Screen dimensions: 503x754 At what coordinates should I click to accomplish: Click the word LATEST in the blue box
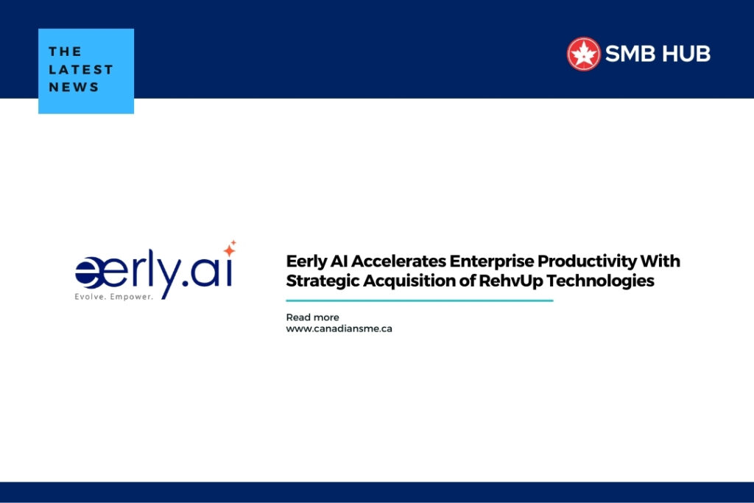click(x=81, y=69)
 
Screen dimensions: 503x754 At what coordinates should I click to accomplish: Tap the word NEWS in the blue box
click(x=74, y=87)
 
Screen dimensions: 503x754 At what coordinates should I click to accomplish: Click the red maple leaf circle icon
click(x=583, y=54)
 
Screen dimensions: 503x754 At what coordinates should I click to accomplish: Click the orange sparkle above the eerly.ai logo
click(x=230, y=248)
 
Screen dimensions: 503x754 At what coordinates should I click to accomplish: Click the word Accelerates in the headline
click(x=398, y=261)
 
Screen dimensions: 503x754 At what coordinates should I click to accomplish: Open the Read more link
click(x=312, y=317)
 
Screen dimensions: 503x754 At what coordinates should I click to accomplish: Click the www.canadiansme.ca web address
click(x=339, y=328)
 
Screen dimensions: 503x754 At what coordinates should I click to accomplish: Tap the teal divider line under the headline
click(x=419, y=300)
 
